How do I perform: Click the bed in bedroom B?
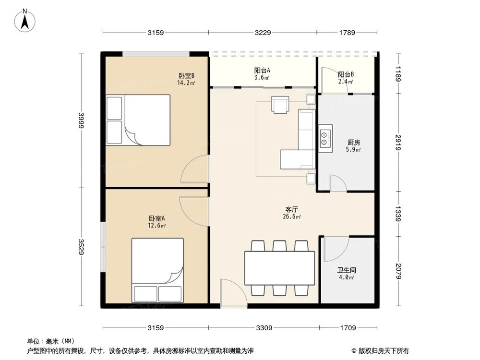click(138, 120)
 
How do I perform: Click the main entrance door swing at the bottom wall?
click(232, 293)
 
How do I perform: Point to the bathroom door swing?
click(336, 249)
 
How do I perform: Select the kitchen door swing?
click(338, 184)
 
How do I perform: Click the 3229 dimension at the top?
click(263, 33)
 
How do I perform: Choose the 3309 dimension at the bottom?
click(264, 328)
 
